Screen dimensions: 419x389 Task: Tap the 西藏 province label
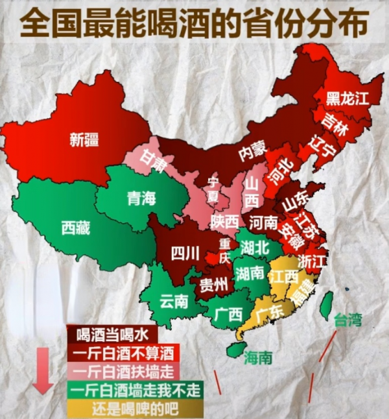75,228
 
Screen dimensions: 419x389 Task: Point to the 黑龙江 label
347,98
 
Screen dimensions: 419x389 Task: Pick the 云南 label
174,300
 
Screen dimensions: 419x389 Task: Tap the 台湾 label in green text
348,319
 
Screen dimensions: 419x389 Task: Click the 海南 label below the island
257,357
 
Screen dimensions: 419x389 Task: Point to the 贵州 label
213,284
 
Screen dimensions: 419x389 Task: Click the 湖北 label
254,246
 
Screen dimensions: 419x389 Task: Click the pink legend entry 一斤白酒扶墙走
123,372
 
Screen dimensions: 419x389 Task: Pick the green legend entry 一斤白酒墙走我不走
135,390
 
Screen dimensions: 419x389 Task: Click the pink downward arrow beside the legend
43,370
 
